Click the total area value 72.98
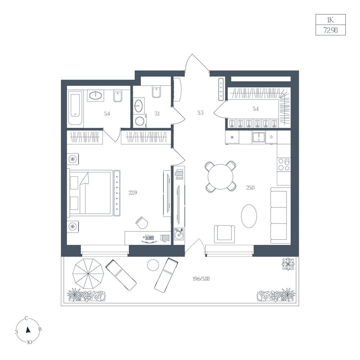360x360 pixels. pos(330,30)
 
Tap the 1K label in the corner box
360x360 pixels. pos(330,20)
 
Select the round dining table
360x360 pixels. pos(220,176)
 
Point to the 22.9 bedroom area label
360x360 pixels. pos(133,193)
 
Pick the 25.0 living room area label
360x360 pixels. pos(250,188)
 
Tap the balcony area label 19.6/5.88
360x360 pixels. pos(201,279)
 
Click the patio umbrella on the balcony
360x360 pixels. pos(89,274)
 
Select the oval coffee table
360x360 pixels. pos(249,216)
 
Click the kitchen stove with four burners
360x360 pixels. pos(284,165)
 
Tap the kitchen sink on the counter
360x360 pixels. pos(259,138)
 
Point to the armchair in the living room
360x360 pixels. pos(225,234)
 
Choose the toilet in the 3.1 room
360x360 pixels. pos(157,92)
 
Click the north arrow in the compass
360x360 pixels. pos(28,330)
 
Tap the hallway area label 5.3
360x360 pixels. pos(200,113)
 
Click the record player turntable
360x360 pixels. pos(179,234)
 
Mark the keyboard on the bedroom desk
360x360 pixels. pos(149,238)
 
